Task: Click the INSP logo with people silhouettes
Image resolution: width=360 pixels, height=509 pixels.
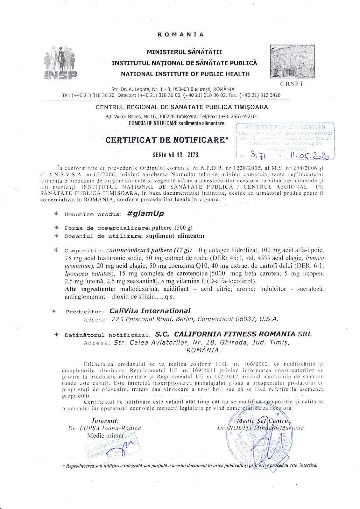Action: click(x=60, y=63)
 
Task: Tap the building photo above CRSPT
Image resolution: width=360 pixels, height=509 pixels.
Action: click(x=292, y=61)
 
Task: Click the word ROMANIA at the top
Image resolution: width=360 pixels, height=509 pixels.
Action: click(x=180, y=34)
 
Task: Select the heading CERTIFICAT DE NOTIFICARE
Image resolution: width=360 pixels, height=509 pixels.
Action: click(x=167, y=140)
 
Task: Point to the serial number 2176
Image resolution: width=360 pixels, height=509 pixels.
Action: click(x=193, y=155)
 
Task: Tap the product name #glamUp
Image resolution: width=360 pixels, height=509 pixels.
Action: click(x=145, y=213)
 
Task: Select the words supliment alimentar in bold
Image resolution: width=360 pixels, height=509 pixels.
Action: click(x=176, y=236)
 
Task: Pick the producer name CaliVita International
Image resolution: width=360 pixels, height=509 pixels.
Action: click(x=150, y=311)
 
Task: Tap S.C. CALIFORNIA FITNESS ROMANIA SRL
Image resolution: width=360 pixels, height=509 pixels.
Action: click(x=233, y=334)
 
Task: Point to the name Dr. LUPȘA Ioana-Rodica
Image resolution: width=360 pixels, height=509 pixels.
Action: click(x=104, y=428)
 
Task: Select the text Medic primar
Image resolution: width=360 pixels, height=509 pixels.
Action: click(x=106, y=436)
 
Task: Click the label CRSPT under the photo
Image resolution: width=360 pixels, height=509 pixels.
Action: click(x=292, y=84)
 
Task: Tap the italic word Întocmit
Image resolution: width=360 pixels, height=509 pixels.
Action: click(x=105, y=421)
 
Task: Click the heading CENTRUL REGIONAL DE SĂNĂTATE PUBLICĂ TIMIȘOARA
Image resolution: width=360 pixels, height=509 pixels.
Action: click(x=182, y=107)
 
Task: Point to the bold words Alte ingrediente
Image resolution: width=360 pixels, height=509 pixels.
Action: click(x=89, y=289)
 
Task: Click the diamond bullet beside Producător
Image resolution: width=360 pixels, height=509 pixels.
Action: click(x=54, y=311)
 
